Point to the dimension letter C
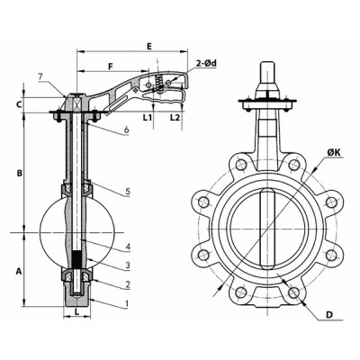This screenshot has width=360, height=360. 18,105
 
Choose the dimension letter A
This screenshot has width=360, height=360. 18,268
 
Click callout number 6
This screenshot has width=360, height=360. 128,131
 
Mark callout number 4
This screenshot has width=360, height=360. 128,247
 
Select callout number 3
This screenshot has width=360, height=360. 128,265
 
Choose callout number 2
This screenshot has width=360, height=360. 128,284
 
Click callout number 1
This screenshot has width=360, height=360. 128,303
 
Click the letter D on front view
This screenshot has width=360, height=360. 330,315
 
